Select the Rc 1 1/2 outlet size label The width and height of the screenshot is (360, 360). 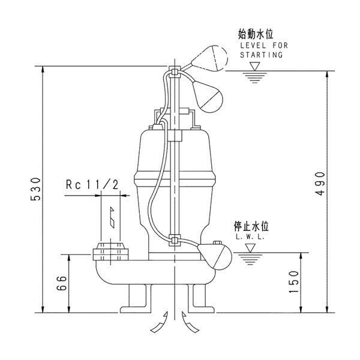92,185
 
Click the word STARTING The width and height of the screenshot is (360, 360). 261,55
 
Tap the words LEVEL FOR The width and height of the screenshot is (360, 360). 261,46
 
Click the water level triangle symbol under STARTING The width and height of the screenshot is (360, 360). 255,66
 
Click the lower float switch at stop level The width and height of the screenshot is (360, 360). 213,255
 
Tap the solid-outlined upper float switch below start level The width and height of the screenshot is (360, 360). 208,97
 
